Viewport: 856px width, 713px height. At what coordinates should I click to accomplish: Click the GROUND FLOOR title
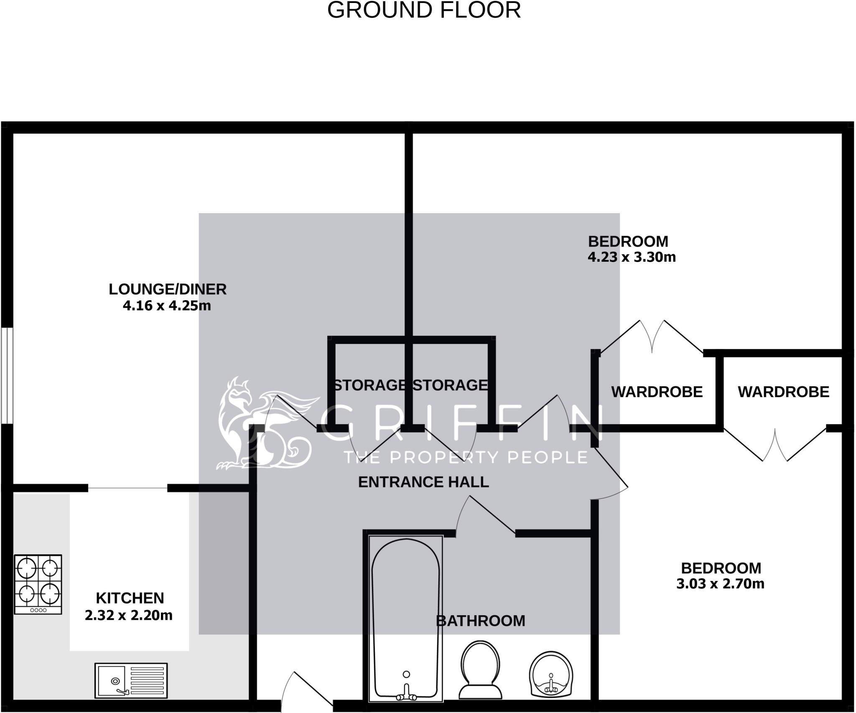(424, 10)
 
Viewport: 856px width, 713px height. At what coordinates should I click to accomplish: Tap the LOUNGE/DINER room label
(168, 289)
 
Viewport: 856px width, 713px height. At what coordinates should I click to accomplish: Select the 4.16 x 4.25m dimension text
(167, 306)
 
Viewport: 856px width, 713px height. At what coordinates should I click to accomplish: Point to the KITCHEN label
(130, 598)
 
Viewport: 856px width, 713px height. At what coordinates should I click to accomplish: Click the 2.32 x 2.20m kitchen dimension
(129, 615)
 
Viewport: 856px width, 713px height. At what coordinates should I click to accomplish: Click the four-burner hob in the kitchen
(38, 584)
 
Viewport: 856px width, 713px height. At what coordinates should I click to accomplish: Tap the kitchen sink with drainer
(131, 680)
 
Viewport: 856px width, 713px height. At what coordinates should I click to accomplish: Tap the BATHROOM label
(480, 621)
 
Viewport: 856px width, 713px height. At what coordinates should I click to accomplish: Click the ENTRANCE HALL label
(423, 482)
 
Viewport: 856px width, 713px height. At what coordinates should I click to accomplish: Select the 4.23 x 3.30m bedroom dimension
(632, 257)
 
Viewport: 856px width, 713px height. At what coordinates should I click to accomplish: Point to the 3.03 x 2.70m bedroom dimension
(720, 584)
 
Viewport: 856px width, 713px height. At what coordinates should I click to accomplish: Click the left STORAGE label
(369, 385)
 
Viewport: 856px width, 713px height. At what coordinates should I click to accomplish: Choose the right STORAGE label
(450, 385)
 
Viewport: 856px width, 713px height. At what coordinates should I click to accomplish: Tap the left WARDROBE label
(657, 392)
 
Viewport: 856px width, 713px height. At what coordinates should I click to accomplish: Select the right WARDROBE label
(783, 392)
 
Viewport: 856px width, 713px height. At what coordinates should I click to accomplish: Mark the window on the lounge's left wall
(7, 375)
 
